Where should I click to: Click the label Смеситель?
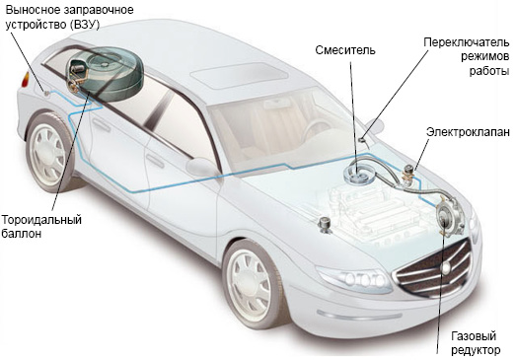pyautogui.click(x=345, y=50)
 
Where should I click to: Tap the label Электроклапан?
pyautogui.click(x=468, y=132)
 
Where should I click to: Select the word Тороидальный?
pyautogui.click(x=41, y=220)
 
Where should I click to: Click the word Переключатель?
pyautogui.click(x=467, y=42)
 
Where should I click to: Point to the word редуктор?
pyautogui.click(x=476, y=350)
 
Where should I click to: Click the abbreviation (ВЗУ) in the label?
pyautogui.click(x=84, y=25)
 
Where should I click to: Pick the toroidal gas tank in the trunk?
pyautogui.click(x=105, y=73)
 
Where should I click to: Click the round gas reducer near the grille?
pyautogui.click(x=450, y=215)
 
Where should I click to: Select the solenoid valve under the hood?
pyautogui.click(x=408, y=173)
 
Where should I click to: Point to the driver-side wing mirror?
pyautogui.click(x=201, y=166)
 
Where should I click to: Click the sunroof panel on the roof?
pyautogui.click(x=240, y=76)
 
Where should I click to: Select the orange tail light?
pyautogui.click(x=26, y=80)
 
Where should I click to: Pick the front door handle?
pyautogui.click(x=155, y=161)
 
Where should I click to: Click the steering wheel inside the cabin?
pyautogui.click(x=317, y=130)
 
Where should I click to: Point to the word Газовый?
pyautogui.click(x=474, y=336)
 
